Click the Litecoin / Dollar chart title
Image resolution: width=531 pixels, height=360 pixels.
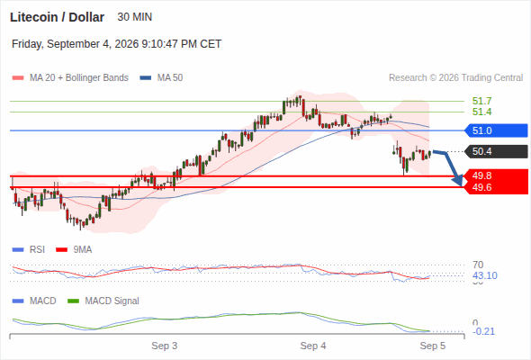[x=57, y=17]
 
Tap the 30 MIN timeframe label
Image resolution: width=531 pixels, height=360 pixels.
[x=135, y=17]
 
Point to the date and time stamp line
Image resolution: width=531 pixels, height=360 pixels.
[x=116, y=44]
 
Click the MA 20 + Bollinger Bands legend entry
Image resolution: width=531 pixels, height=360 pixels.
[x=70, y=78]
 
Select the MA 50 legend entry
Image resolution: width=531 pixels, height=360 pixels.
[x=161, y=78]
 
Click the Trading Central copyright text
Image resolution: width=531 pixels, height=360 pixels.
[x=455, y=78]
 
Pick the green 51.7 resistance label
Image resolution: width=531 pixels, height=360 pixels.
[x=481, y=101]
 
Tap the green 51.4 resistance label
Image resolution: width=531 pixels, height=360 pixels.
[x=481, y=112]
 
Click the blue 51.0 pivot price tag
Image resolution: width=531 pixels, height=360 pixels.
[x=497, y=130]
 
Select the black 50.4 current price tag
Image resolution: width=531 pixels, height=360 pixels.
[x=497, y=151]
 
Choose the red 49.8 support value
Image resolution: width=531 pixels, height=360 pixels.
[x=481, y=175]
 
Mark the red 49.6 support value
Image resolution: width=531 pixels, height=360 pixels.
[x=481, y=187]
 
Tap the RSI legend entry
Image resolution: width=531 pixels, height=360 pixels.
[x=29, y=250]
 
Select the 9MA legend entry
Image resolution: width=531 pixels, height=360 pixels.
[x=74, y=250]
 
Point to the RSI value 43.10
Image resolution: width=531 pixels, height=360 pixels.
[x=485, y=275]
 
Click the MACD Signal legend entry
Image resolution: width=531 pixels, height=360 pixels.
[x=103, y=301]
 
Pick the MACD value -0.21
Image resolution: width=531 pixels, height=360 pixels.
[x=483, y=331]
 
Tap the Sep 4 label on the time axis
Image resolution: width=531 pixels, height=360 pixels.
[x=313, y=346]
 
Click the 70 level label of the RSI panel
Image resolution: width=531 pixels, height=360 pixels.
[x=478, y=265]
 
